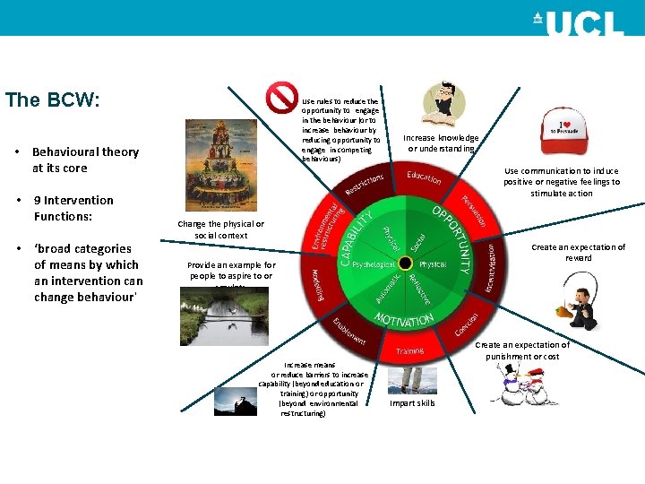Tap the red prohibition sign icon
tap(282, 97)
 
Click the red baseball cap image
tap(566, 132)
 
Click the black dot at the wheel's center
tap(405, 264)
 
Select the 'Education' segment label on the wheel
tap(424, 177)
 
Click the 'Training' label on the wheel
tap(409, 351)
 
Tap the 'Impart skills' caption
tap(412, 403)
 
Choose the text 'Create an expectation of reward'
tap(578, 253)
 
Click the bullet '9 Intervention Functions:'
tap(73, 209)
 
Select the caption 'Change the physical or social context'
tap(220, 229)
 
